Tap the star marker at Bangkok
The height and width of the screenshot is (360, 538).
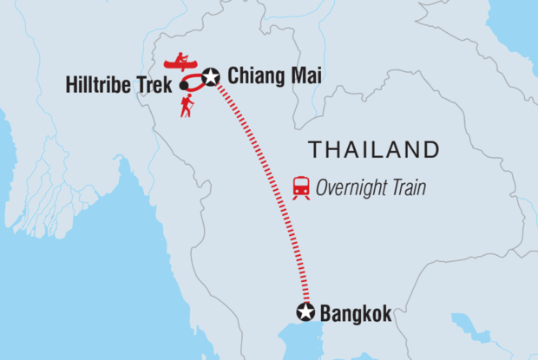tap(305, 312)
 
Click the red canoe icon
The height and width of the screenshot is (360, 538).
tap(180, 63)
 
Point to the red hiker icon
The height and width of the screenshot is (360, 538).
tap(187, 106)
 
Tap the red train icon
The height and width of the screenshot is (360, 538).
tap(301, 187)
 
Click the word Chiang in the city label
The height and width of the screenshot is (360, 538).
tap(253, 77)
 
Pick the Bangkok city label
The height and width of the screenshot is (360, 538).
tap(355, 313)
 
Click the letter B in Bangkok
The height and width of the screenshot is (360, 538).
tap(326, 313)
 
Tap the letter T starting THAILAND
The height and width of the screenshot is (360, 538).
tap(315, 149)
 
